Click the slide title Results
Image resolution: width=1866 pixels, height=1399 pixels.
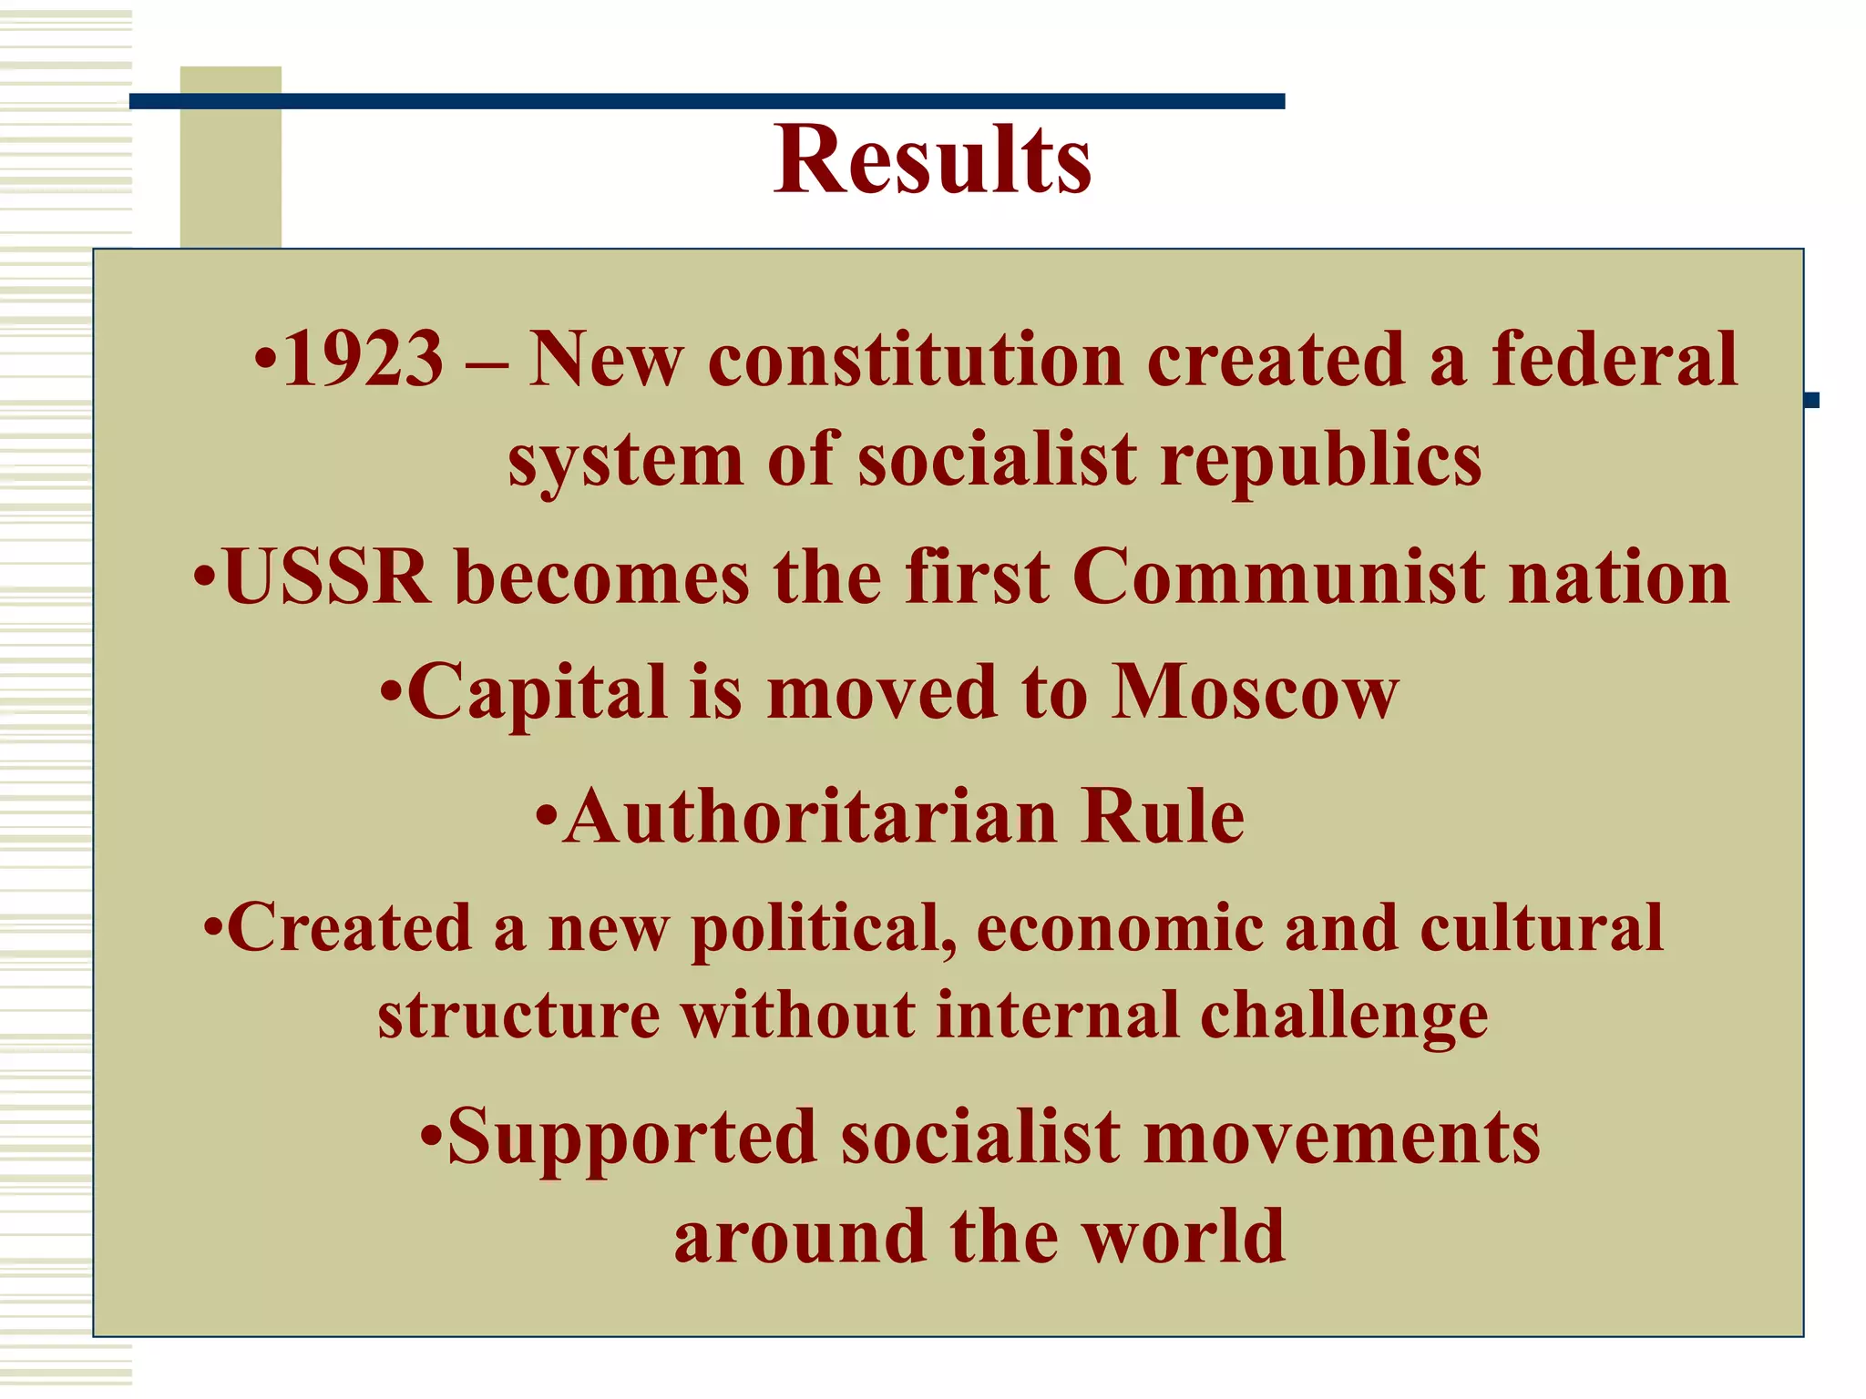point(932,160)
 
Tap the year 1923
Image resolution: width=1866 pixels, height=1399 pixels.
point(363,359)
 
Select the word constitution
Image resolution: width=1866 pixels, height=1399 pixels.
point(916,359)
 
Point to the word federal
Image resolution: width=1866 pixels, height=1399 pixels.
point(1615,359)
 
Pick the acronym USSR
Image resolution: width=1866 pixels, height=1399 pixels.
point(326,577)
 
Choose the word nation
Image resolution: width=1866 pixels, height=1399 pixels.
point(1619,577)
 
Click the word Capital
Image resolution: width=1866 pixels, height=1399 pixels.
point(538,693)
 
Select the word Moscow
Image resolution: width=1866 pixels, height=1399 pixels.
point(1255,691)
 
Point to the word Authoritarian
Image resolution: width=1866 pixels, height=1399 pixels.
point(810,816)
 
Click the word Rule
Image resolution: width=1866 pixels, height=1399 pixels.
point(1163,816)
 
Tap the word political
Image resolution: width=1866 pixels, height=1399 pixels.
point(824,929)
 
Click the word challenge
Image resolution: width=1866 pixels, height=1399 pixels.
point(1344,1016)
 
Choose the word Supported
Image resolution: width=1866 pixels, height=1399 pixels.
point(632,1139)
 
